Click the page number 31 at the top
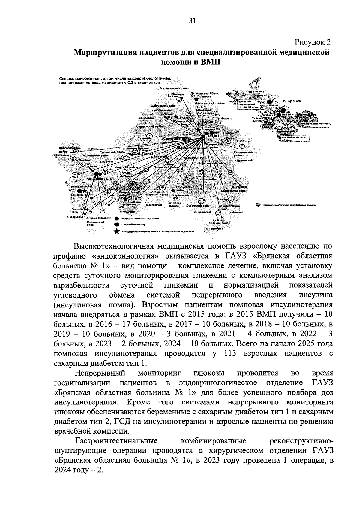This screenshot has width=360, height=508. click(192, 20)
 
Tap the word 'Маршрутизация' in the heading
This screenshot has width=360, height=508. click(106, 53)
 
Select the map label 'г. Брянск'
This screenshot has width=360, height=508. click(292, 101)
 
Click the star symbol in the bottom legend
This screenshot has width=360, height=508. click(116, 231)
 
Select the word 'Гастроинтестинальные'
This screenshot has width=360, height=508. click(117, 441)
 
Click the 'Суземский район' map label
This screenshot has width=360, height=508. click(199, 206)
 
